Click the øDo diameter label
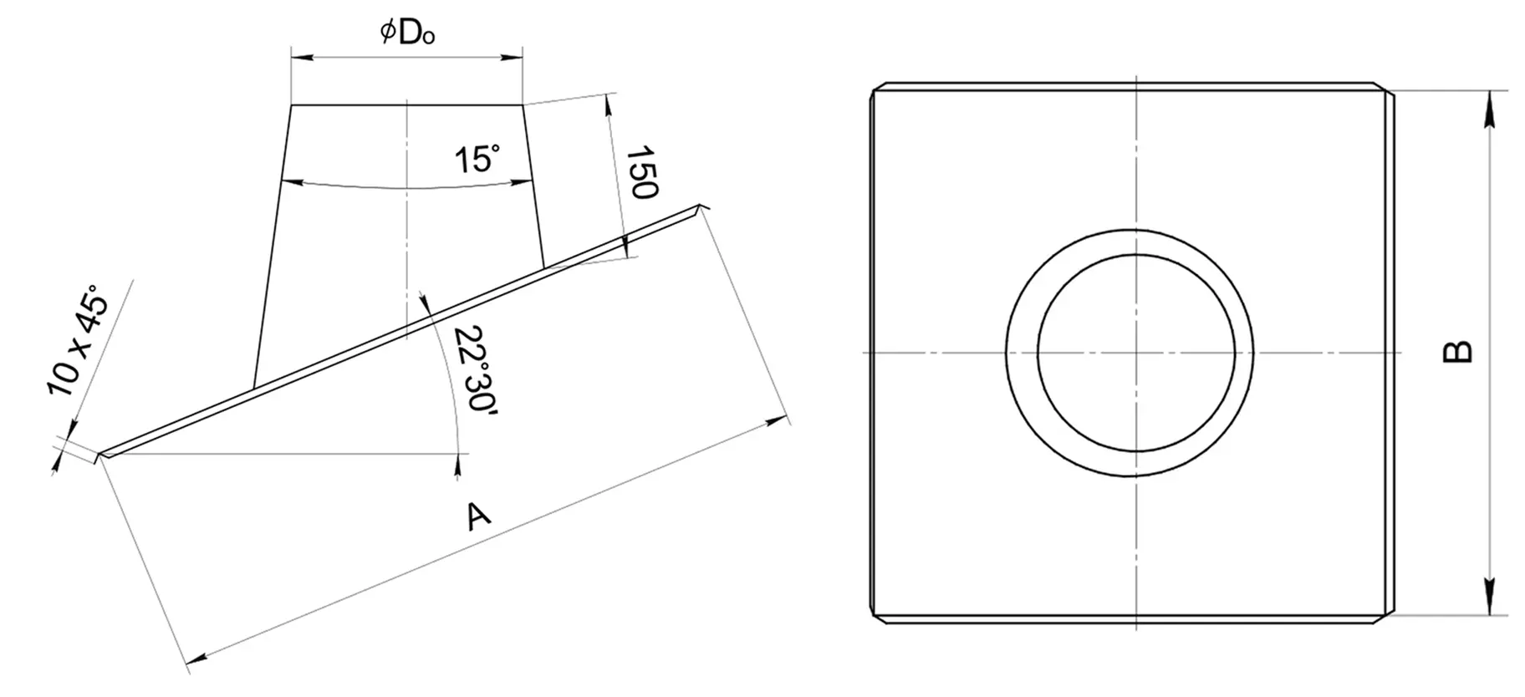tap(407, 33)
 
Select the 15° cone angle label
tap(477, 158)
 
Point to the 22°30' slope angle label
tap(469, 369)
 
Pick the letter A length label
tap(478, 516)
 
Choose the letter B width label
tap(1458, 352)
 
